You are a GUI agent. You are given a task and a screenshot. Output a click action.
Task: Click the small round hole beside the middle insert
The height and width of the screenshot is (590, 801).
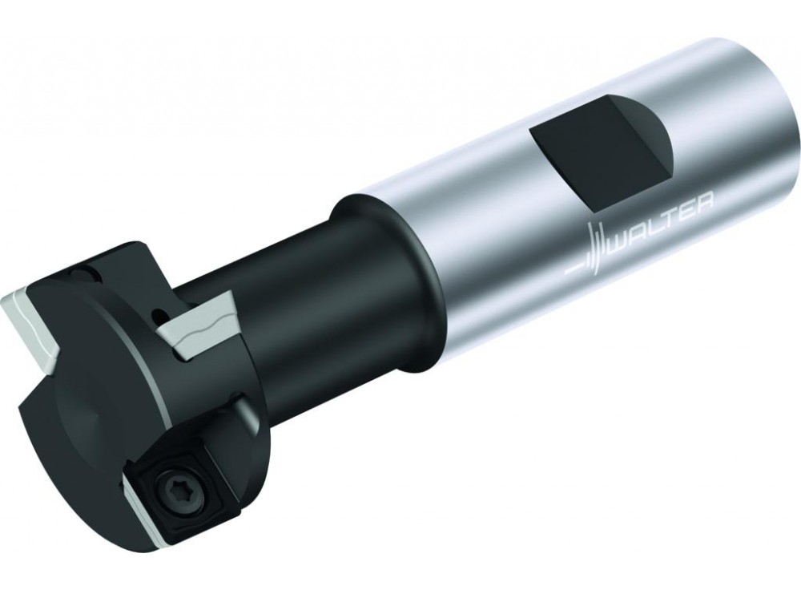click(x=160, y=313)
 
